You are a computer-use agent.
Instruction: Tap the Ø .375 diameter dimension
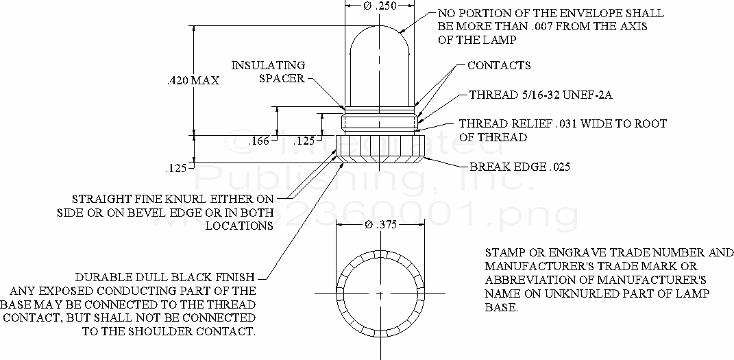point(379,224)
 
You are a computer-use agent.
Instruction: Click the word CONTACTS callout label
point(499,66)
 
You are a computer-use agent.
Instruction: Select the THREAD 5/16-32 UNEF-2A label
point(540,95)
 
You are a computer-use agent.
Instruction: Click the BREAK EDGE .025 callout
point(519,167)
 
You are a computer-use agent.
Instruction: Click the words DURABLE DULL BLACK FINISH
point(165,278)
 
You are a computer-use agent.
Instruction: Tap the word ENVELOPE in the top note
point(604,13)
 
